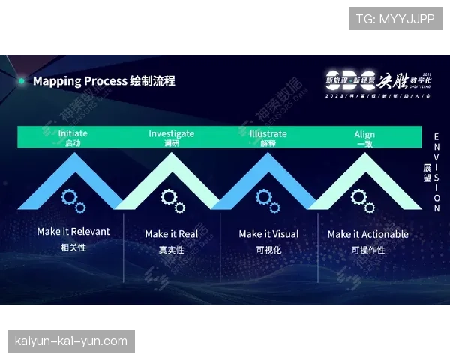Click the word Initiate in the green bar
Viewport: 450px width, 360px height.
click(x=73, y=133)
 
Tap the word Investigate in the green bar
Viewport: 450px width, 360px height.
click(x=171, y=133)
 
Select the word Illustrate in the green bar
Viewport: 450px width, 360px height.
click(x=268, y=133)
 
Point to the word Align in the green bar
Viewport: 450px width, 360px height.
click(x=364, y=134)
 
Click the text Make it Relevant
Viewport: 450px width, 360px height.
click(x=73, y=232)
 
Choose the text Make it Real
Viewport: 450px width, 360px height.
click(x=172, y=234)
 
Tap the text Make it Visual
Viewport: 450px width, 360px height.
click(x=268, y=234)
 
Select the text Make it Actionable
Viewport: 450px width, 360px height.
click(x=368, y=234)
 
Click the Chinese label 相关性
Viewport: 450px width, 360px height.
click(x=73, y=247)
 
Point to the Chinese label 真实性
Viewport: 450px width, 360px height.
click(x=172, y=250)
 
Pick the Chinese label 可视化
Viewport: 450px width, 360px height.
click(x=268, y=250)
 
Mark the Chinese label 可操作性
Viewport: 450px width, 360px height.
click(x=368, y=250)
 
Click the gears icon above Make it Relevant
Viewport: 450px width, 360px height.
click(x=73, y=200)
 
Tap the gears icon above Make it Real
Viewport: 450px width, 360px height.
click(x=172, y=200)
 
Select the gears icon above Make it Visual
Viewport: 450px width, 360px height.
click(x=266, y=200)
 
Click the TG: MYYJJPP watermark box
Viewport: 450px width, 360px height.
click(x=395, y=19)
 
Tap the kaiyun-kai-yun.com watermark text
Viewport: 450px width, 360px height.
click(x=71, y=341)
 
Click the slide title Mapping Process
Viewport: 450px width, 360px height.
click(x=79, y=80)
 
